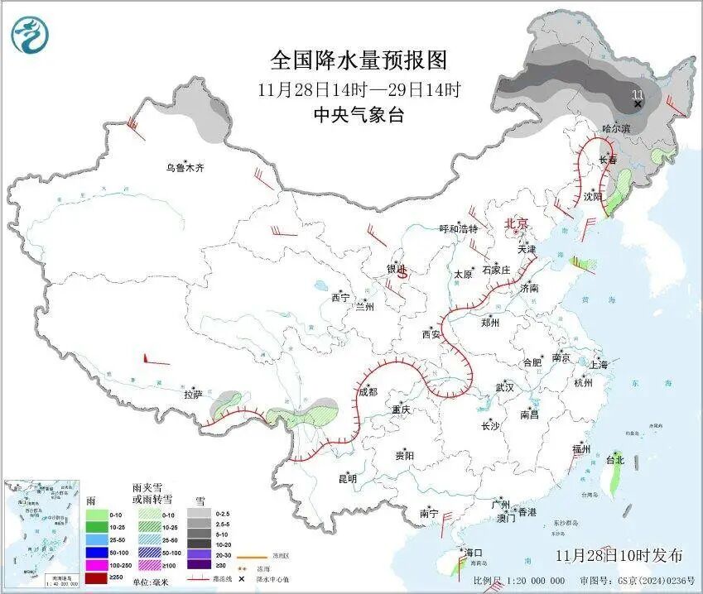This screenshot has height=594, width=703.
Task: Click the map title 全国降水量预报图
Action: pos(359,60)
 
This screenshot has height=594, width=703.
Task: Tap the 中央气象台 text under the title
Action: pos(359,115)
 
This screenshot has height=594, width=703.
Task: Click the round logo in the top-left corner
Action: pos(30,35)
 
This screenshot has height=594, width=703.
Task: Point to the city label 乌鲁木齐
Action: pos(183,168)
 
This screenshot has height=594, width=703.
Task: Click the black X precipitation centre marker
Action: pos(638,104)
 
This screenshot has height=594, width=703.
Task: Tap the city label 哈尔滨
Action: pos(615,128)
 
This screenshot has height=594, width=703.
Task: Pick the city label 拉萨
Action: pos(193,395)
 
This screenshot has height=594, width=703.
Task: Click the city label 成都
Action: pos(368,391)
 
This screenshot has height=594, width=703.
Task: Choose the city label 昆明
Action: pos(348,478)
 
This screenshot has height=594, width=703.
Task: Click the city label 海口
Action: pos(473,552)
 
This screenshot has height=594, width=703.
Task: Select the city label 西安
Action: pos(431,334)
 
